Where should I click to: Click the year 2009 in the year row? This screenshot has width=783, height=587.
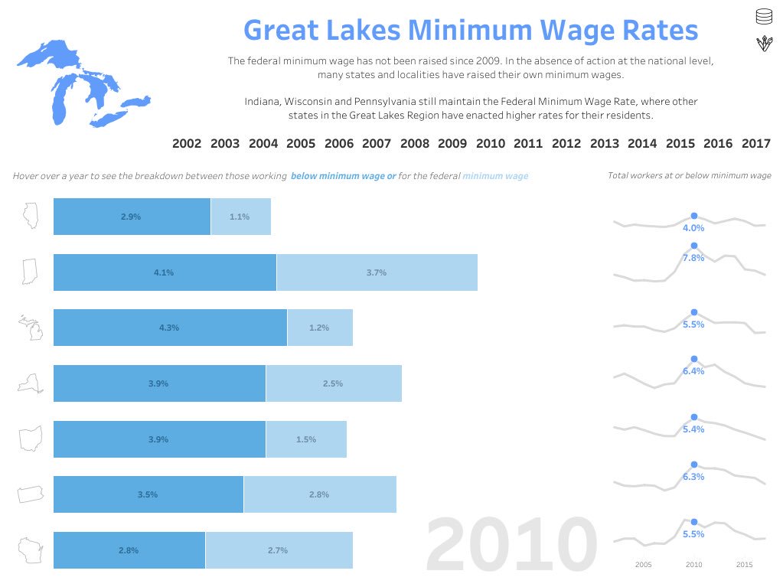[452, 143]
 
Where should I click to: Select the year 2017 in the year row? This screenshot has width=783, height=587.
[756, 143]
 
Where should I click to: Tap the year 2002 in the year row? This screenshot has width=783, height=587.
[187, 143]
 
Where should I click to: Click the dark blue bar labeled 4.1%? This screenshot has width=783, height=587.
[165, 272]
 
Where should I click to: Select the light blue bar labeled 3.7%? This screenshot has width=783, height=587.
[377, 272]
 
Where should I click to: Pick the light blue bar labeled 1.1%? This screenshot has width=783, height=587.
[240, 217]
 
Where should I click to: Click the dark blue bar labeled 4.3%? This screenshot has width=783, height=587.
[170, 328]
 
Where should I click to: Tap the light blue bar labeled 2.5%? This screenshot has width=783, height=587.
[333, 383]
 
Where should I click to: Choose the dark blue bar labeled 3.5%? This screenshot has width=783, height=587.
[148, 494]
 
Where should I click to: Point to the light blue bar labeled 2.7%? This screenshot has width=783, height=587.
[279, 550]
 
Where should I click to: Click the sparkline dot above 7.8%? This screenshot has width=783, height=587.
[694, 246]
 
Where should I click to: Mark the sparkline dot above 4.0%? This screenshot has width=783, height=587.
[694, 216]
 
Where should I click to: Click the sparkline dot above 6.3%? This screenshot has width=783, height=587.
[694, 465]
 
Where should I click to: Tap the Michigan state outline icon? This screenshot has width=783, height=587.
[30, 328]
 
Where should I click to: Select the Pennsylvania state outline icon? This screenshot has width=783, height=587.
[30, 494]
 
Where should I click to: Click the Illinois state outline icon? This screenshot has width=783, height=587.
[30, 217]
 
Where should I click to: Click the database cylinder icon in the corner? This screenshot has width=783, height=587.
[762, 16]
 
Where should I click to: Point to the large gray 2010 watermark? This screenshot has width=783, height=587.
[511, 544]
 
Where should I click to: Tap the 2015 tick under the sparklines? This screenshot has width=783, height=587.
[744, 565]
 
